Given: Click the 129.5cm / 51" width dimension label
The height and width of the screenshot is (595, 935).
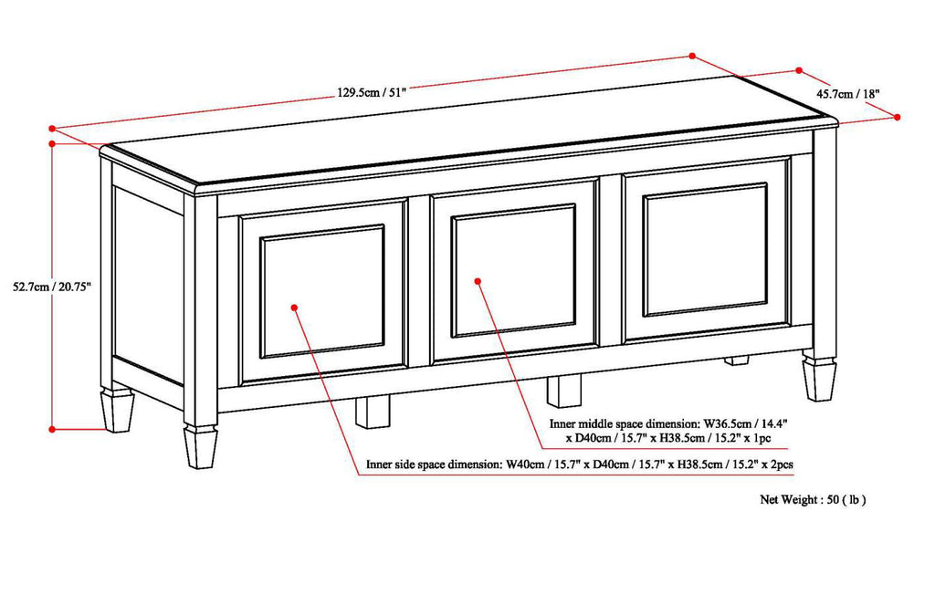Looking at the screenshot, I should point(371,92).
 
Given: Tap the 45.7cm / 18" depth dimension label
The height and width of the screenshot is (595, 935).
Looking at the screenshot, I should point(847,93).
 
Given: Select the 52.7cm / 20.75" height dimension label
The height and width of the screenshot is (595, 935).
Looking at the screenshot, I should point(51,286).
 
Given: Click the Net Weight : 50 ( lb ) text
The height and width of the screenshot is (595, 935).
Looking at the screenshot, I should point(813,499).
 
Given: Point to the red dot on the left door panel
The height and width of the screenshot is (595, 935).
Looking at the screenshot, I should point(294,308).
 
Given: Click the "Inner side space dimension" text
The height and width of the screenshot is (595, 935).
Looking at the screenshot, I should point(433,465).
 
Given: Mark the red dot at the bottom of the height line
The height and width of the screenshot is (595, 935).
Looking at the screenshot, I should point(53,427).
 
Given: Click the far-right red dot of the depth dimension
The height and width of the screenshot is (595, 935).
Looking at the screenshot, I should point(898,117).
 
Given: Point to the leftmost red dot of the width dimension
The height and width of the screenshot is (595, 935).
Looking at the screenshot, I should point(53,129).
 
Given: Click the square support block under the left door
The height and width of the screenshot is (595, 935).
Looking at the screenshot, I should point(372,411).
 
